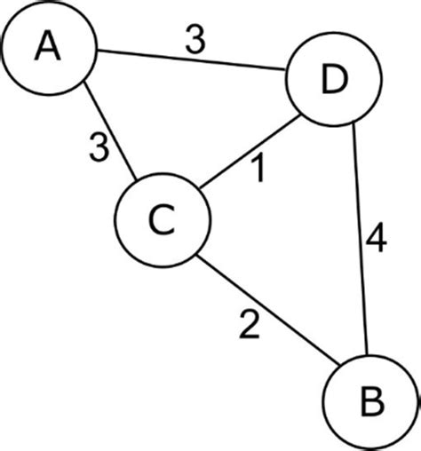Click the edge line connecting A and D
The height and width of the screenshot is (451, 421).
(190, 65)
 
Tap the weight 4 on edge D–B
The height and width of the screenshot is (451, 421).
(376, 241)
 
